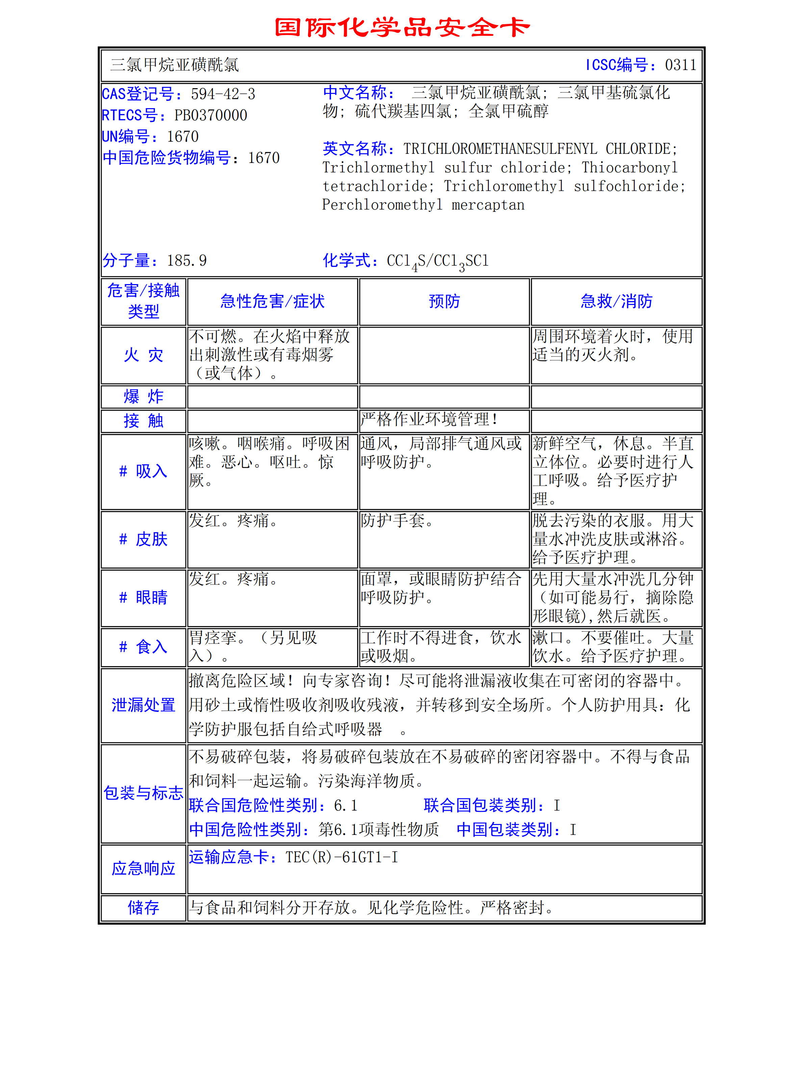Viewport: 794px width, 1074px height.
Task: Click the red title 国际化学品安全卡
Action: tap(402, 27)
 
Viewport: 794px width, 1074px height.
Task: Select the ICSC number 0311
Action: tap(680, 65)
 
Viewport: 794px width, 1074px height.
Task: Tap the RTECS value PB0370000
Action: tap(210, 116)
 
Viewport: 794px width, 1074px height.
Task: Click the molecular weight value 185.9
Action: tap(186, 260)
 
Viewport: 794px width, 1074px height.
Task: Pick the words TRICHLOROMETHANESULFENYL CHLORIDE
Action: tap(540, 149)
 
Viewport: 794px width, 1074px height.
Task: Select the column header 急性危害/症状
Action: tap(273, 301)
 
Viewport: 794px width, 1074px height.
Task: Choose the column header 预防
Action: tap(444, 301)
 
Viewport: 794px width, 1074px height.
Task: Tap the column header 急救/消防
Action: tap(616, 301)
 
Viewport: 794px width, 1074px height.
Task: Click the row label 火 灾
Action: tap(143, 355)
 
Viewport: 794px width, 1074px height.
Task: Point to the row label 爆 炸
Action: tap(143, 397)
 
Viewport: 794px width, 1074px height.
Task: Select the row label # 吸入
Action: tap(143, 471)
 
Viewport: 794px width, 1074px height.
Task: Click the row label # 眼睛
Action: tap(143, 598)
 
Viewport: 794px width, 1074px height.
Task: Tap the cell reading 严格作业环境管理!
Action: tap(429, 419)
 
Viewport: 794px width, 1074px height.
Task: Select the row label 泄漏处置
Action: tap(143, 705)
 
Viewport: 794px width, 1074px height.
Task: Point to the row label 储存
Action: tap(143, 908)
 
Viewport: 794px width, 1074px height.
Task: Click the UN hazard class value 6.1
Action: tap(345, 805)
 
